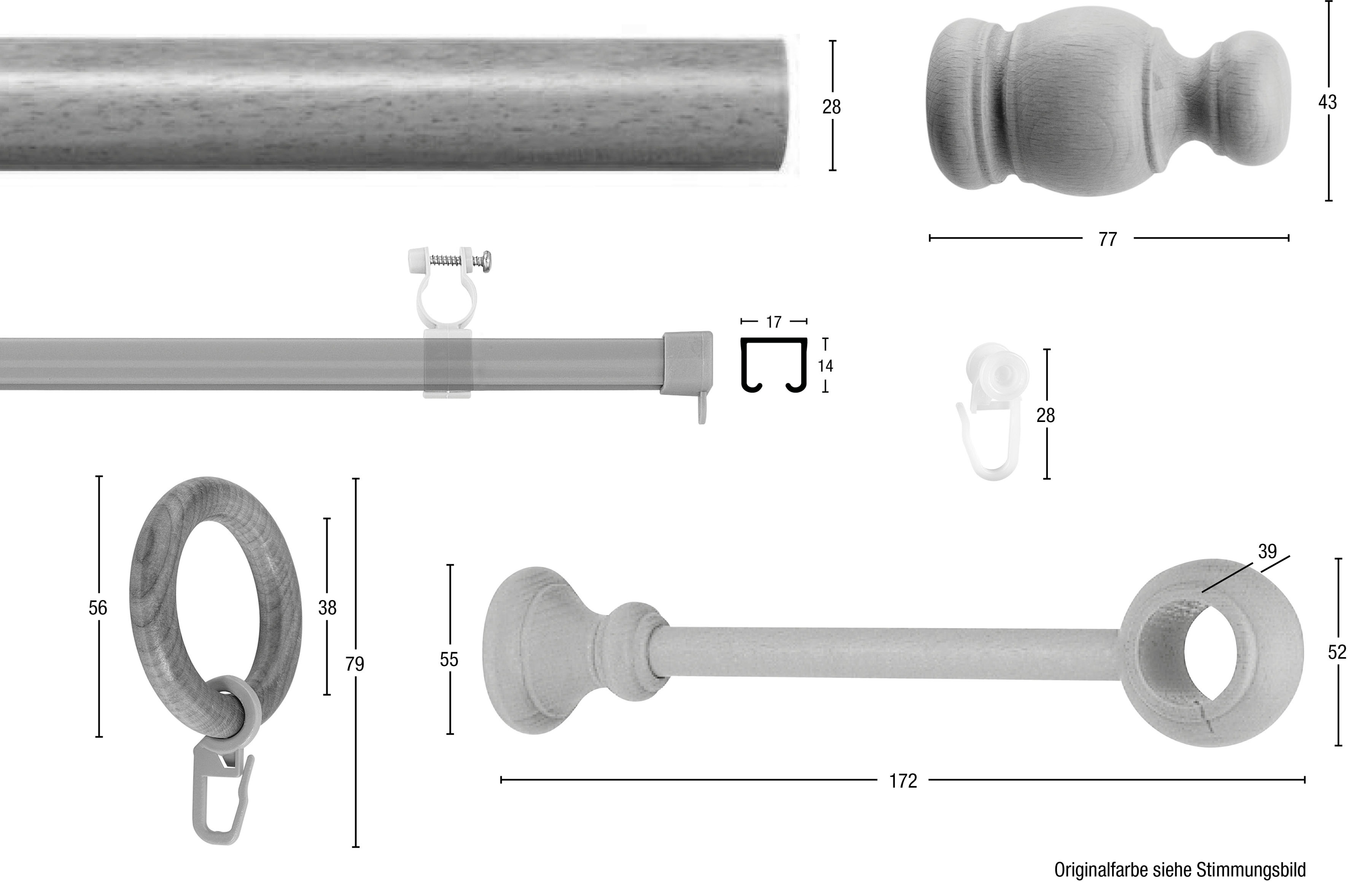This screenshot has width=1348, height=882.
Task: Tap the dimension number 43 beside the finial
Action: point(1327,102)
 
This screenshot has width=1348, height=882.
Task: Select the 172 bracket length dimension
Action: point(903,781)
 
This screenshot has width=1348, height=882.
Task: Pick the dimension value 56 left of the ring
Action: point(98,608)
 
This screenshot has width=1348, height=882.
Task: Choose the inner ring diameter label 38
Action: point(327,608)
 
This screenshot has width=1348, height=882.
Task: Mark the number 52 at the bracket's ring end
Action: point(1337,653)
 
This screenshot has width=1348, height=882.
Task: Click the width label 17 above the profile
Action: point(774,322)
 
